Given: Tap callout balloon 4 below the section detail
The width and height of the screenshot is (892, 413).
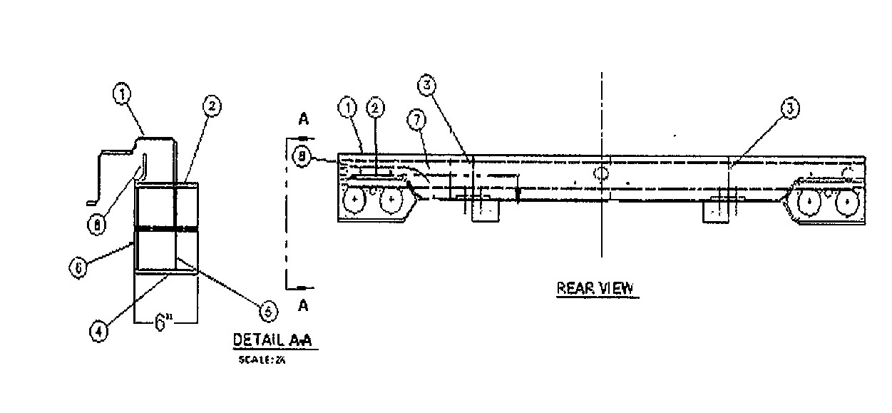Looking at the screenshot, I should click(100, 331).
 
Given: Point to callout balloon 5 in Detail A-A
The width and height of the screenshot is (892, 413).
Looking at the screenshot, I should click(265, 310).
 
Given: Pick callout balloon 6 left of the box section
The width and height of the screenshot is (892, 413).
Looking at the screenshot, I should click(78, 267).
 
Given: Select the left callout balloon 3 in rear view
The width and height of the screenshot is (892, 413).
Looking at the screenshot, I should click(426, 86).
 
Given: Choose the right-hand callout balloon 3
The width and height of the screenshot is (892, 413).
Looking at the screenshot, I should click(788, 108).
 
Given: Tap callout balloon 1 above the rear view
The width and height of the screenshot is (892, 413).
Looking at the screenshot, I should click(347, 108).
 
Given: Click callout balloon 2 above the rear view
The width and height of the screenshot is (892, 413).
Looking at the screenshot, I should click(375, 108).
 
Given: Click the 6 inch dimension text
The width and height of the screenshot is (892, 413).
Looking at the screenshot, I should click(163, 324).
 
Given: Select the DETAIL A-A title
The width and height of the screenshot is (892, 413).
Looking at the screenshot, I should click(275, 340).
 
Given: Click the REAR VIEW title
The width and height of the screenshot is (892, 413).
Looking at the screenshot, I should click(594, 288).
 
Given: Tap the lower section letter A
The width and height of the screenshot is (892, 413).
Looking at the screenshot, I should click(302, 306).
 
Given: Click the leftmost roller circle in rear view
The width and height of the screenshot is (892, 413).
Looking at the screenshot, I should click(354, 202).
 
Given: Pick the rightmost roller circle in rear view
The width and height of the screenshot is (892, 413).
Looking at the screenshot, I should click(846, 202).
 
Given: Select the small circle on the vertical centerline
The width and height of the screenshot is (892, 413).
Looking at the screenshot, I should click(602, 173).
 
